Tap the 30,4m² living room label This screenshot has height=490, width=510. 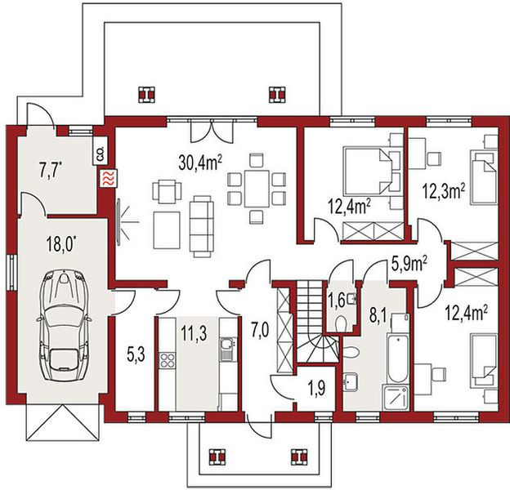pos(200,163)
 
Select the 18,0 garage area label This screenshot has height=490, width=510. pos(61,245)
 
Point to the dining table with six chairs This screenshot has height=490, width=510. pos(257,188)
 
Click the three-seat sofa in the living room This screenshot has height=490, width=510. pos(202,226)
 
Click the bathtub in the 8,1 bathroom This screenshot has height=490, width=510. pos(397,359)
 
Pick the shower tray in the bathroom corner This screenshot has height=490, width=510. pos(396,399)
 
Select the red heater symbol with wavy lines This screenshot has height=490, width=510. pos(109,179)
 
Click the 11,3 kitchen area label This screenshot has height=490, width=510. pos(194,335)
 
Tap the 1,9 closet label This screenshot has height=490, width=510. pos(317,388)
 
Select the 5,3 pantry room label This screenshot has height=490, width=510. pos(136,354)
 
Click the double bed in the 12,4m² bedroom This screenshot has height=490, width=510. pos(366,171)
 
